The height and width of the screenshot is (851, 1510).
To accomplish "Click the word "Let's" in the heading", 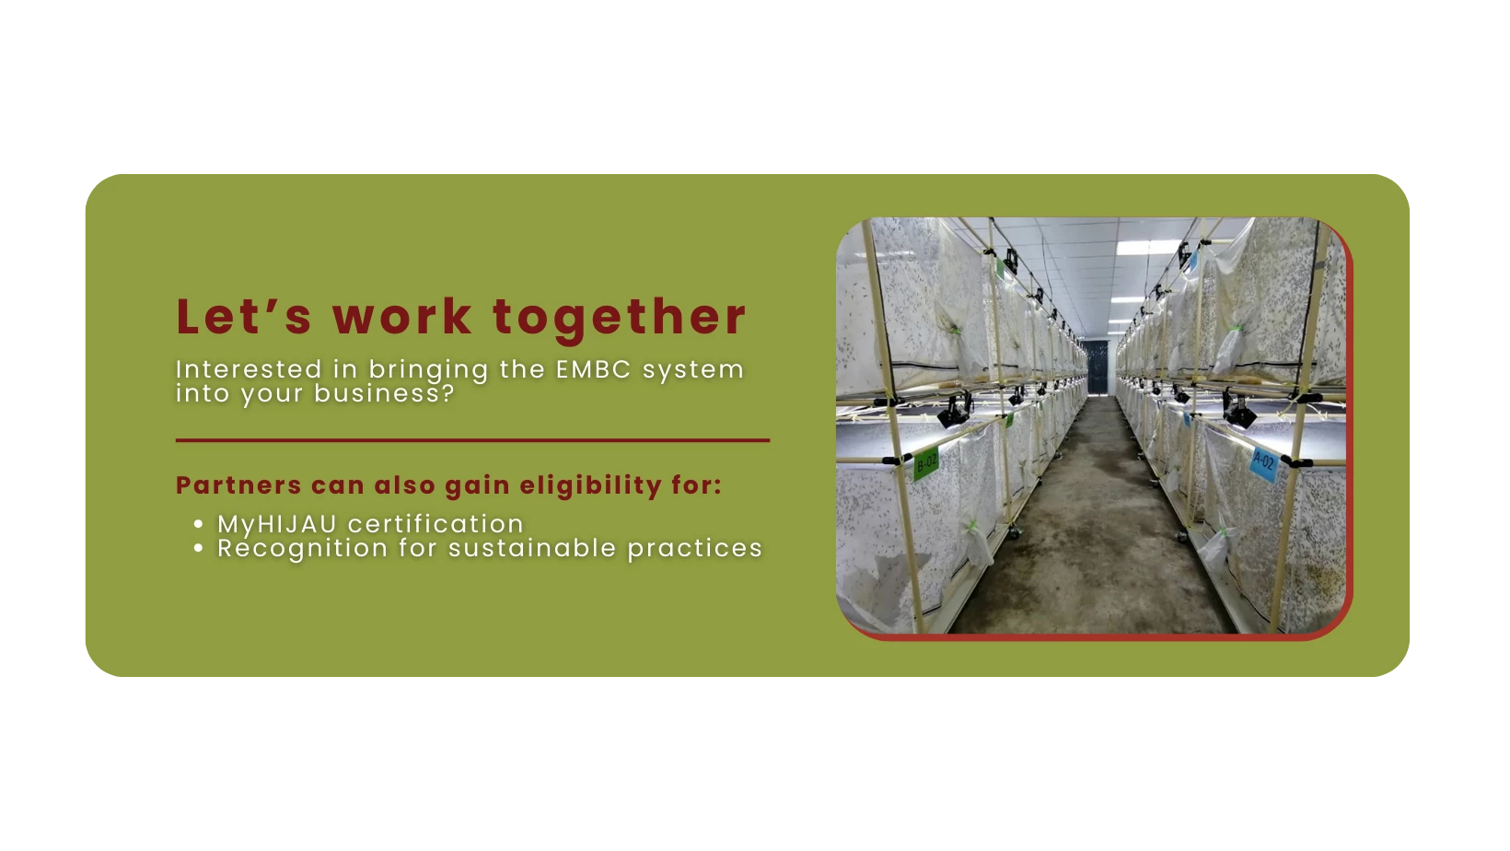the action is (244, 316).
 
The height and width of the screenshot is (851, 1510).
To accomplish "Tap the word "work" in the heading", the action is (401, 316).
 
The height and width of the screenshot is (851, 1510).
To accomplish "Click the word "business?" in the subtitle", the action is (384, 393).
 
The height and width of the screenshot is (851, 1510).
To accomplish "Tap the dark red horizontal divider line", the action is (472, 440).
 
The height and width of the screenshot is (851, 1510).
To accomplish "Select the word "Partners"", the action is (238, 484).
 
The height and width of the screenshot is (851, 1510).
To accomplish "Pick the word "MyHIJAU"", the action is (276, 525).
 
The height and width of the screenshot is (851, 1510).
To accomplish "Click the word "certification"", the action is (436, 524).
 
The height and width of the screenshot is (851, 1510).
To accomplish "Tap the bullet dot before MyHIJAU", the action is (198, 524).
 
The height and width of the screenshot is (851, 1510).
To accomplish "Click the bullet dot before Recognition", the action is (198, 548).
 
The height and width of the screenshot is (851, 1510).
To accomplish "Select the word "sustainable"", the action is (532, 548).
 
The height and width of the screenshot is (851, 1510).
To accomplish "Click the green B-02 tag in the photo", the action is (926, 463).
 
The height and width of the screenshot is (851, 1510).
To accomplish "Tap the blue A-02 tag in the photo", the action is (1264, 463).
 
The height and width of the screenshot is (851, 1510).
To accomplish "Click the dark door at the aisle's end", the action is (1096, 368).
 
